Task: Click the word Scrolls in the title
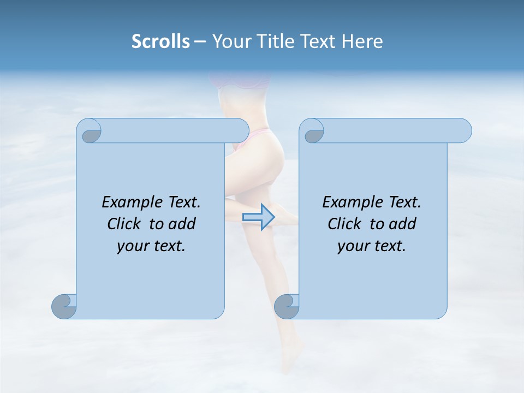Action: tap(161, 41)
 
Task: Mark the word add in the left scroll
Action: tap(182, 224)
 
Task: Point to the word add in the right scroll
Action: tap(403, 224)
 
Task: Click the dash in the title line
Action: tap(200, 41)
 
